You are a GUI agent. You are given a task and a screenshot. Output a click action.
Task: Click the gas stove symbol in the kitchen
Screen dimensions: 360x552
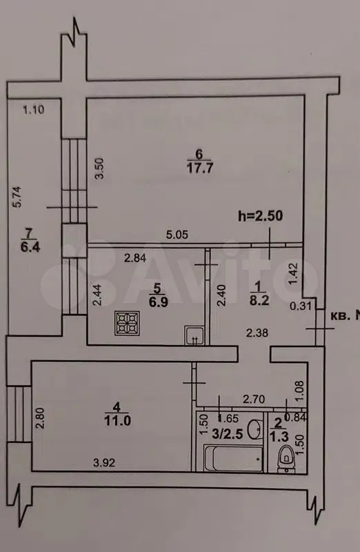pos(127,323)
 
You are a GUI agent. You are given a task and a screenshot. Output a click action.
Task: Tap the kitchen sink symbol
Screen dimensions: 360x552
pos(194,335)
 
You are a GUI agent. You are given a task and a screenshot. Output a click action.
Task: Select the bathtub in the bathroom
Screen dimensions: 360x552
pos(234,458)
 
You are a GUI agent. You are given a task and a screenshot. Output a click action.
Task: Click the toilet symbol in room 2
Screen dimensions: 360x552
pos(286,458)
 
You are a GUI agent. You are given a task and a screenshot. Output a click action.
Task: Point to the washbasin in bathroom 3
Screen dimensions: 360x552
pos(254,429)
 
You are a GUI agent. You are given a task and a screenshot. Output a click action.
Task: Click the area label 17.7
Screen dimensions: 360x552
pos(199,168)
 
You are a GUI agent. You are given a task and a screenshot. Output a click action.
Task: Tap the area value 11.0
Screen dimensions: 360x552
pos(117,420)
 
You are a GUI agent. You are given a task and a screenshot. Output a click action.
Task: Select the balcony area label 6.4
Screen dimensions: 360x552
pos(30,247)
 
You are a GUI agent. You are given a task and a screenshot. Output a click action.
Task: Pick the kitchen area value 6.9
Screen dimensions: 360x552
pos(158,302)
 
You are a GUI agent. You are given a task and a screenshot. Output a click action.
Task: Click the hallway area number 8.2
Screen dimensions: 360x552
pos(259,300)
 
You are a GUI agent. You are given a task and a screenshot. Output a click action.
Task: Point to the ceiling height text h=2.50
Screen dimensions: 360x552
pos(261,216)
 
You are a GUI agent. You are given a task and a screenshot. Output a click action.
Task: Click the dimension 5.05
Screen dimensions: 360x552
pos(177,235)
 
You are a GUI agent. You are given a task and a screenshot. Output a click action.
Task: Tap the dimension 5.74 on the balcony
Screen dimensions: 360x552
pos(17,197)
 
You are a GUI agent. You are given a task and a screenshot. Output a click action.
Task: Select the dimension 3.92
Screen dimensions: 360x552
pos(104,462)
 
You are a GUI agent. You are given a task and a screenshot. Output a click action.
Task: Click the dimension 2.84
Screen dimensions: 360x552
pos(134,258)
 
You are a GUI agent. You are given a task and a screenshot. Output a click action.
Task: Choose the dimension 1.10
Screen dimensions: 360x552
pos(33,110)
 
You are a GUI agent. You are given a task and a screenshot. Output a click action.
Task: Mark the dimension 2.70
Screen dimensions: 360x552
pos(254,400)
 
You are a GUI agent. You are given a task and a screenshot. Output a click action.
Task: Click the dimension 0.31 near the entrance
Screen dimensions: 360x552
pos(301,306)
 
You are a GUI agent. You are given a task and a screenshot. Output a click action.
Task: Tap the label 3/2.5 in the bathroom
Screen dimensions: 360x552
pos(228,434)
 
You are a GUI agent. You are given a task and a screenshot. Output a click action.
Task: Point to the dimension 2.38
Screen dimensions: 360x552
pos(257,333)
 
